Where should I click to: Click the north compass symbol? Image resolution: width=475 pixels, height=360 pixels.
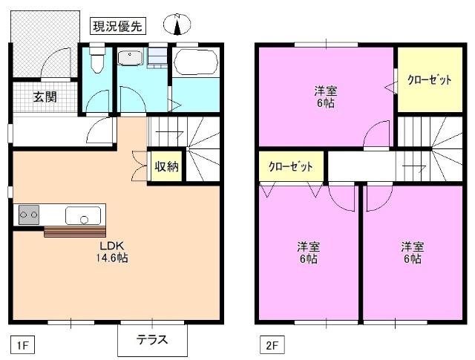(177, 25)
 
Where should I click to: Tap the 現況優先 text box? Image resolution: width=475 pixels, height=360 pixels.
(118, 26)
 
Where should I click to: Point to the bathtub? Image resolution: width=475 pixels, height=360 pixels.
(195, 60)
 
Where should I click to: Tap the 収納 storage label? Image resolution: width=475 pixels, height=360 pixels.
(166, 167)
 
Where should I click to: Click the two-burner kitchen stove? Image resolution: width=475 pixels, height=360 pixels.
(29, 215)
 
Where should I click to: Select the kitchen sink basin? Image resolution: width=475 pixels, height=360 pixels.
(83, 217)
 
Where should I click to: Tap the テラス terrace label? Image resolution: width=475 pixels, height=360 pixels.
(151, 341)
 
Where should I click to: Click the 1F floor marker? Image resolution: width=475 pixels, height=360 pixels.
(23, 344)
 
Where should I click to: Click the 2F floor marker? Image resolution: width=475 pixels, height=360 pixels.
(270, 344)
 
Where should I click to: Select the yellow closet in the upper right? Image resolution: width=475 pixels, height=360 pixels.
(428, 80)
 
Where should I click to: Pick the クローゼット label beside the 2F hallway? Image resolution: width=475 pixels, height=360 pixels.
(290, 166)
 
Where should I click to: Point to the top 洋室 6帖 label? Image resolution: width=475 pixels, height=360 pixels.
(324, 97)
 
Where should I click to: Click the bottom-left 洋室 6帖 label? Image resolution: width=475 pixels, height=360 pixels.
(307, 252)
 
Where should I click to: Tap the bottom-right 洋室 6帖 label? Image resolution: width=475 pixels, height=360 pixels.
(412, 252)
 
